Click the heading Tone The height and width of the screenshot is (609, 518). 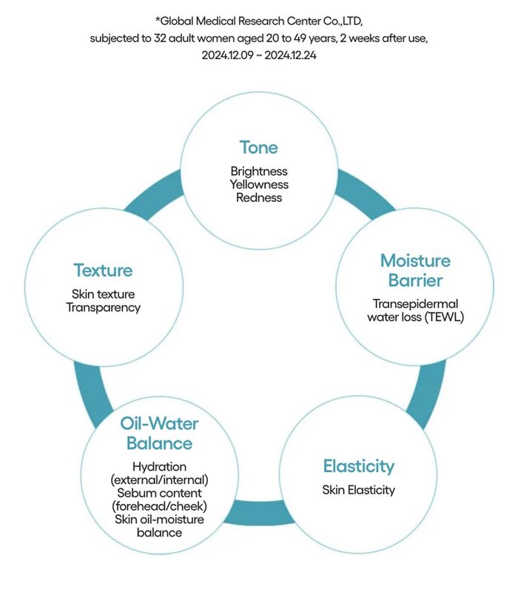click(258, 147)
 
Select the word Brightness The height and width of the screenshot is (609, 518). click(258, 171)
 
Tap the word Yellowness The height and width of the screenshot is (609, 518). click(258, 184)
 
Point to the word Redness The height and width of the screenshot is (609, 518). click(258, 197)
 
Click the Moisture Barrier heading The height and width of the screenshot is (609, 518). click(414, 270)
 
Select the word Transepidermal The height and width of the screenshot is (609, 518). click(414, 303)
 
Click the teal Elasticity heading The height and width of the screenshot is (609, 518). click(358, 466)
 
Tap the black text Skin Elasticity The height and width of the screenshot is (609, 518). click(358, 489)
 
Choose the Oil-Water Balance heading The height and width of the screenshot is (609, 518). click(159, 433)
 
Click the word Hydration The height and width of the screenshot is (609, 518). click(159, 466)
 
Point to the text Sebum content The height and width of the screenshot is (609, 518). click(159, 493)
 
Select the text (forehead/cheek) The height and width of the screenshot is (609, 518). click(159, 505)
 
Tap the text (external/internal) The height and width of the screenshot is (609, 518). click(159, 480)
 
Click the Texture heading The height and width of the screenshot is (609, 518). click(103, 270)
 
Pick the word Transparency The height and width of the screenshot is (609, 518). click(103, 307)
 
